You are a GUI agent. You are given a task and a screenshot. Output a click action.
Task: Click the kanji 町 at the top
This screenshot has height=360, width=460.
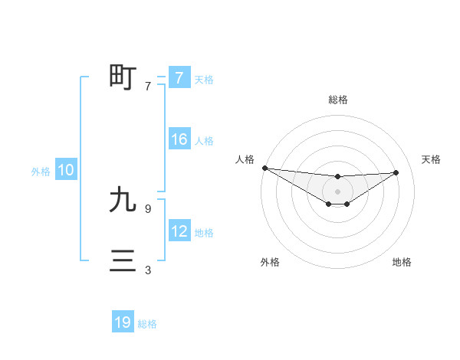click(x=123, y=77)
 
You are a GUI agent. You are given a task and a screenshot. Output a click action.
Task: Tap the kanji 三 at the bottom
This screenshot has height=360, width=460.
click(x=123, y=261)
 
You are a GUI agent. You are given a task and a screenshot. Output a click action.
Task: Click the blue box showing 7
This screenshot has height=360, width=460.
click(x=179, y=77)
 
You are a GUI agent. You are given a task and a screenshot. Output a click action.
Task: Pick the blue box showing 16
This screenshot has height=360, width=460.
click(x=179, y=139)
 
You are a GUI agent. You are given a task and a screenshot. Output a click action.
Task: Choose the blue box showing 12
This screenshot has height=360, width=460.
click(x=179, y=231)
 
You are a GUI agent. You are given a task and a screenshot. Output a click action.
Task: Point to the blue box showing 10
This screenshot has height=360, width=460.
click(x=65, y=170)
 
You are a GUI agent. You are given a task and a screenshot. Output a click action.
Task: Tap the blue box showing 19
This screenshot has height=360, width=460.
click(x=123, y=322)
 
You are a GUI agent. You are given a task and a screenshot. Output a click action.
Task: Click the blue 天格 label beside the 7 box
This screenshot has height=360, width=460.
click(x=204, y=79)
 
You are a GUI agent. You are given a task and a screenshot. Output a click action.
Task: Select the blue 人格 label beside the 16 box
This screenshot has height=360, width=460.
click(x=204, y=141)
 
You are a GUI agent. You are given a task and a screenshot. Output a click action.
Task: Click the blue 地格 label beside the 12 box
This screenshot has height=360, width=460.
click(x=204, y=233)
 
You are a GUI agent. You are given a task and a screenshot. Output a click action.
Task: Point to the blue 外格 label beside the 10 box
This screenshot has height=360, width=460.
click(x=41, y=172)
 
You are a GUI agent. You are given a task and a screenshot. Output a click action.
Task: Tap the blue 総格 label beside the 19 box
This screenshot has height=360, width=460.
click(x=147, y=324)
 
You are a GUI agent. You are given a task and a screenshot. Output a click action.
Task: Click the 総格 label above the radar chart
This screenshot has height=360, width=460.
click(x=337, y=100)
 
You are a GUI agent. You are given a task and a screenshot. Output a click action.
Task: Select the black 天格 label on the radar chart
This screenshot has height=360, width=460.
click(x=431, y=159)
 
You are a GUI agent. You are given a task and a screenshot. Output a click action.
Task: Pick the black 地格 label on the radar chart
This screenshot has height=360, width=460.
click(x=402, y=262)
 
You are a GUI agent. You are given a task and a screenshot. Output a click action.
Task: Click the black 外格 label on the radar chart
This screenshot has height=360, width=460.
click(x=270, y=262)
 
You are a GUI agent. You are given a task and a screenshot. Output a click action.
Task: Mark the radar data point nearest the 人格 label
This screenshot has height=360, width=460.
click(x=264, y=168)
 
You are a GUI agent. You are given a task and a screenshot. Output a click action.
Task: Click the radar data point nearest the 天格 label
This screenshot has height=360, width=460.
click(x=396, y=172)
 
